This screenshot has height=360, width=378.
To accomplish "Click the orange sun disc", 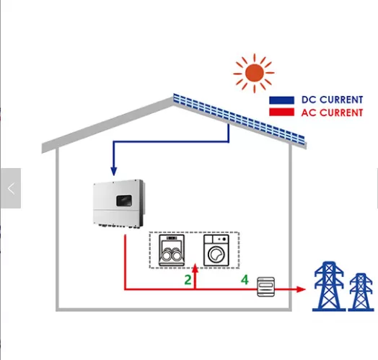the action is pyautogui.click(x=254, y=73).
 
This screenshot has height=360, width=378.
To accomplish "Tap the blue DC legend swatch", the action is pyautogui.click(x=281, y=100).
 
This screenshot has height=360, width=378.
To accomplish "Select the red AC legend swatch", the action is pyautogui.click(x=281, y=112).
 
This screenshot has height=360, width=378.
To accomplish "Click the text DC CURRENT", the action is pyautogui.click(x=332, y=100).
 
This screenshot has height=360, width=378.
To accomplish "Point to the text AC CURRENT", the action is pyautogui.click(x=332, y=113).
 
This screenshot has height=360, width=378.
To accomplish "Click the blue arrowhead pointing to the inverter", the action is pyautogui.click(x=114, y=171).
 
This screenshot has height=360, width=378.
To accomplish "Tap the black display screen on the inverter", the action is pyautogui.click(x=124, y=201).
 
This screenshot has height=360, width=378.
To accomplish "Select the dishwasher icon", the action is pyautogui.click(x=172, y=250).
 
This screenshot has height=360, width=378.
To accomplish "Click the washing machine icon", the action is pyautogui.click(x=216, y=250).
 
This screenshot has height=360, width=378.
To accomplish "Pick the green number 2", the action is pyautogui.click(x=188, y=280).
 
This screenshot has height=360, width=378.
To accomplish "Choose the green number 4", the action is pyautogui.click(x=245, y=280).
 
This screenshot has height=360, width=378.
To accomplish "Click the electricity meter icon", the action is pyautogui.click(x=266, y=286).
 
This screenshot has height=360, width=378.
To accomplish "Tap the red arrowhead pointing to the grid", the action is pyautogui.click(x=301, y=289).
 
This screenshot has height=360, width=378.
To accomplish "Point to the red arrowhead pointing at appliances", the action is pyautogui.click(x=195, y=268).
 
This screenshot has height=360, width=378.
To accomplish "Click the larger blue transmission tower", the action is pyautogui.click(x=328, y=286).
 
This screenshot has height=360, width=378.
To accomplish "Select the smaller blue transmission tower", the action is pyautogui.click(x=361, y=292).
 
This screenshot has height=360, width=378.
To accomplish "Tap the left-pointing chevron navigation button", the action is pyautogui.click(x=11, y=188).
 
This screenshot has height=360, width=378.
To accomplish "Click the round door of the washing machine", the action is pyautogui.click(x=216, y=255).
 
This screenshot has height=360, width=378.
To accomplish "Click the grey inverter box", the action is pyautogui.click(x=119, y=203).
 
